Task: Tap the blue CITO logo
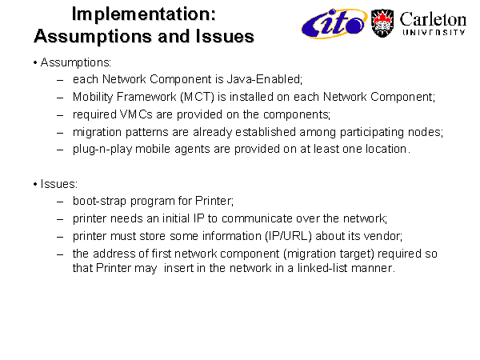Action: click(334, 23)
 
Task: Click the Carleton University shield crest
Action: click(382, 23)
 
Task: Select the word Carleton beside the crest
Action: click(433, 19)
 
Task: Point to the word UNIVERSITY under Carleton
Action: click(434, 33)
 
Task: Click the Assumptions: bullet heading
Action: click(76, 62)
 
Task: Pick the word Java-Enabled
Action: click(265, 79)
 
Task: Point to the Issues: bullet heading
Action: click(59, 184)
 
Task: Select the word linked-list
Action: click(322, 268)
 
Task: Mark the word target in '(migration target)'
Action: click(357, 254)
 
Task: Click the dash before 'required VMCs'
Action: click(60, 116)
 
